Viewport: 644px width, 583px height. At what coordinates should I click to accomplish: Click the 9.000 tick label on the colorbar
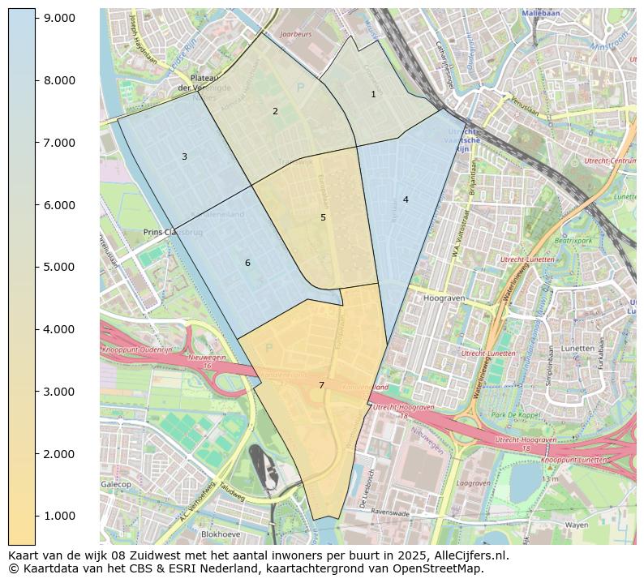(59, 18)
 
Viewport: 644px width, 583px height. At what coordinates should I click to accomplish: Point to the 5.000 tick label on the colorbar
(59, 267)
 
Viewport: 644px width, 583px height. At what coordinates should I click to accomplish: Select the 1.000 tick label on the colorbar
(59, 516)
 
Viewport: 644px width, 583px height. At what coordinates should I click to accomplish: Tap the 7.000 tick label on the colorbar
(59, 143)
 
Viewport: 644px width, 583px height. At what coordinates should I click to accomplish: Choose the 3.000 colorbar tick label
(59, 392)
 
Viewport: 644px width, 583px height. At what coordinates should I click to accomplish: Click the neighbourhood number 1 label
(373, 94)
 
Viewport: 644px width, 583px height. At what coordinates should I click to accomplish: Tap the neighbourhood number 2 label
(275, 111)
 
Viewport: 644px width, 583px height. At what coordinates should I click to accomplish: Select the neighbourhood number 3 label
(184, 156)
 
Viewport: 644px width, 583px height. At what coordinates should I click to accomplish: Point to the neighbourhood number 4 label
(406, 199)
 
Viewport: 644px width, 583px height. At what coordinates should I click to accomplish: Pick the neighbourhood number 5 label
(323, 217)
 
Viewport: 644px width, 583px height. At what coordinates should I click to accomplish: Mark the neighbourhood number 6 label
(247, 263)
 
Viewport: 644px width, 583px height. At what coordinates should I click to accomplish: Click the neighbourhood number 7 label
(321, 385)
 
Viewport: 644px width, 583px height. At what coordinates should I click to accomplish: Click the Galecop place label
(115, 484)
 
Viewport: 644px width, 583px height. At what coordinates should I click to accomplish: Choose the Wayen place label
(576, 525)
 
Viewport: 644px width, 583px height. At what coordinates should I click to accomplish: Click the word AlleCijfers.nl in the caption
(470, 556)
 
